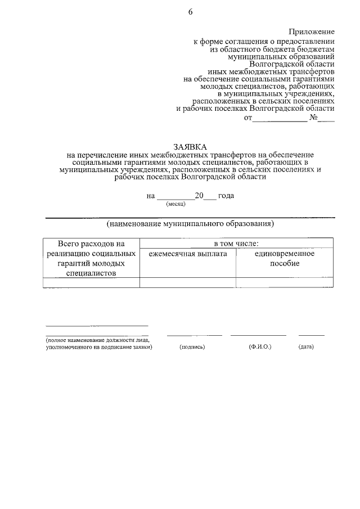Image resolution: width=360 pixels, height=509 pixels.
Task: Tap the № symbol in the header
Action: coord(314,119)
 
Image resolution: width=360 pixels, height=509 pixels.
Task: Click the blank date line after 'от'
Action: coord(280,119)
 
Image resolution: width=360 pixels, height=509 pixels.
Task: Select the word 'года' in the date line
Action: coord(226,196)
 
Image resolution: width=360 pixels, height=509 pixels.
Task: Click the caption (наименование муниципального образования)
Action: coord(190,223)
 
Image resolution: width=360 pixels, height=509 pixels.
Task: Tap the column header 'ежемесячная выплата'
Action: coord(188,254)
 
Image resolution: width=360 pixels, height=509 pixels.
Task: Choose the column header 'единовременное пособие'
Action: coord(285,259)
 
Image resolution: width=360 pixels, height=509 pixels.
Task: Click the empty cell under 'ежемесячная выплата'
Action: coord(188,282)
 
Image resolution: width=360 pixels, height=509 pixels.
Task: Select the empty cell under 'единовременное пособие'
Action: coord(285,282)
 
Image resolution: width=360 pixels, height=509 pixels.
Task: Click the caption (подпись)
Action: coord(192,347)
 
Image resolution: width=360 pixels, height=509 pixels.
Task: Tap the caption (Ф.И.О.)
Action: coord(260,347)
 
